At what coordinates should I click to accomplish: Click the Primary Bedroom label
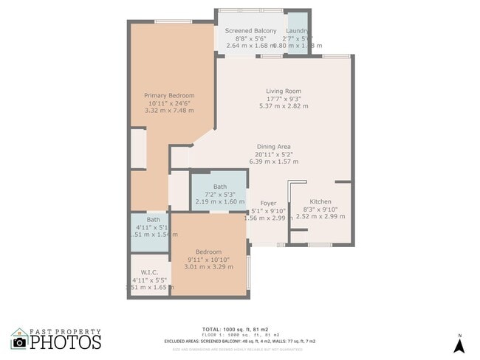169,95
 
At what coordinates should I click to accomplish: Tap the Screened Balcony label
251,30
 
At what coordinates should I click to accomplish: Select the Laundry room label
297,30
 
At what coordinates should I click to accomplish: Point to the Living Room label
284,91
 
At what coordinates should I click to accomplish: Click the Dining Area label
273,146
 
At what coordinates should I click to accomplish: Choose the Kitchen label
320,201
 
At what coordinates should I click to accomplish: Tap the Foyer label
268,203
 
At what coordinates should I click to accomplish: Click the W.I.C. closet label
151,272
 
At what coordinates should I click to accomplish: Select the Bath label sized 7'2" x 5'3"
220,187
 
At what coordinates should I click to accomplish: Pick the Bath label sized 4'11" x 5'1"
153,219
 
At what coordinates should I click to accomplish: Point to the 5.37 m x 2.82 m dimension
284,106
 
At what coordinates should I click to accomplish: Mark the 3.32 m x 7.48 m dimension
169,111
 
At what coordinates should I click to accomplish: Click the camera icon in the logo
20,342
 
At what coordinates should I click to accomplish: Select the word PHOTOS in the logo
66,342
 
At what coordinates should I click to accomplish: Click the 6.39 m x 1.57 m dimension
273,161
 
